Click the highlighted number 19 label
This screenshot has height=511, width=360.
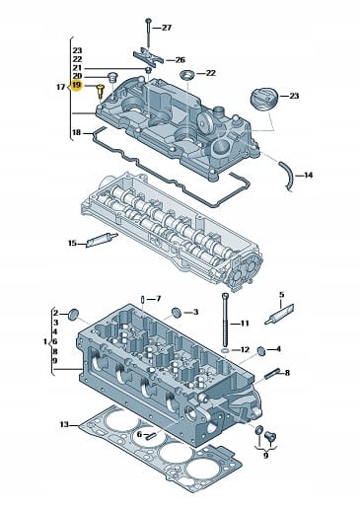click(x=77, y=86)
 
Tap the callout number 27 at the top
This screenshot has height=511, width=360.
click(x=167, y=28)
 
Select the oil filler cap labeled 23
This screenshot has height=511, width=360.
click(x=264, y=99)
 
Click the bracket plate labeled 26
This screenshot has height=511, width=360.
click(x=148, y=56)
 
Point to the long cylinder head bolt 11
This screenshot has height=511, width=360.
click(x=226, y=319)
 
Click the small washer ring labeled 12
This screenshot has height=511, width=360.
click(x=225, y=351)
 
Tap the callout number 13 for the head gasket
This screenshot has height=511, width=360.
click(x=64, y=424)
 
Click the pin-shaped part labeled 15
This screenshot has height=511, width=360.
click(x=102, y=240)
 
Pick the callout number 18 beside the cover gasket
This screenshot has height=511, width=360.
click(x=76, y=132)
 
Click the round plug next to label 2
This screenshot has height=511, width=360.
click(x=73, y=315)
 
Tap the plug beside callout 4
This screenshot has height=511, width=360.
click(x=261, y=351)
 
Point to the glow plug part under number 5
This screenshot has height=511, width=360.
click(x=279, y=315)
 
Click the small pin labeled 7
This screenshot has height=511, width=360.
click(x=143, y=300)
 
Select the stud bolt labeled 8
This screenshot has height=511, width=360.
click(x=272, y=374)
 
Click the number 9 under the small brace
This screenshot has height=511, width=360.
click(x=266, y=455)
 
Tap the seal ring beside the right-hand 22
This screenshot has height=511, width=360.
click(x=187, y=75)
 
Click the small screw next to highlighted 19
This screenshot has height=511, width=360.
click(x=101, y=91)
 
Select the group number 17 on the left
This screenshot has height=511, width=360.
click(x=61, y=87)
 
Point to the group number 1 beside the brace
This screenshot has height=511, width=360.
click(x=45, y=341)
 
